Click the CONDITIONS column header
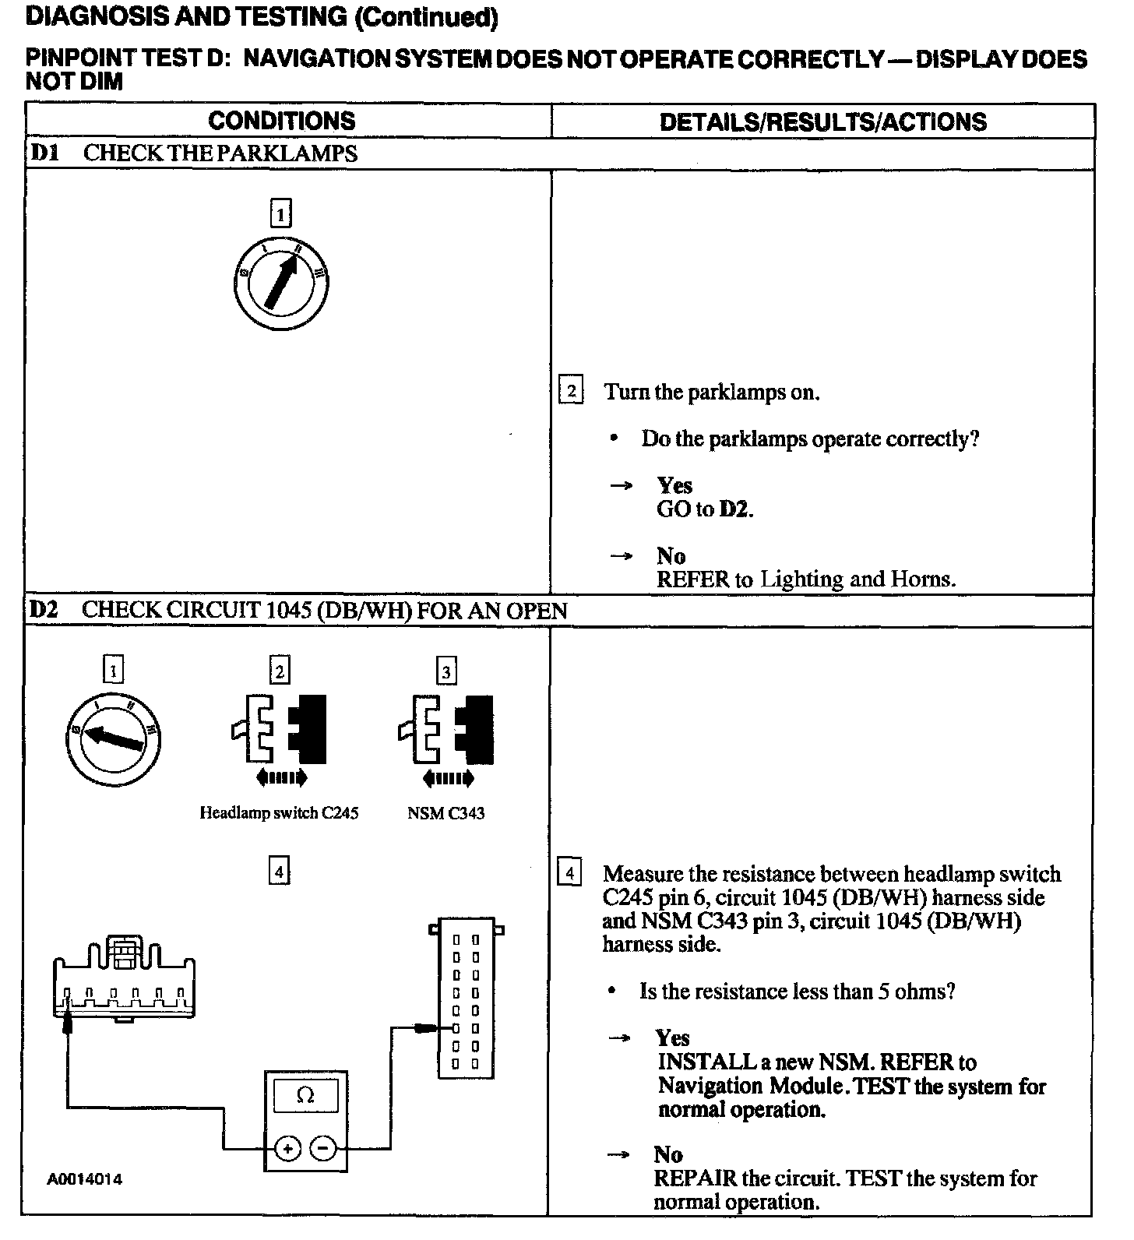tap(281, 121)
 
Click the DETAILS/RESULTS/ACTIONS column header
tap(822, 122)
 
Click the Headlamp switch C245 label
tap(279, 813)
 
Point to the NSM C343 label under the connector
tap(445, 813)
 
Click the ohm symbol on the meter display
tap(305, 1096)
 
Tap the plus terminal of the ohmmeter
tap(287, 1148)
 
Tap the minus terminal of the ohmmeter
tap(324, 1148)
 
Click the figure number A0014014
tap(85, 1179)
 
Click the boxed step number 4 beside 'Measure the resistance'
tap(570, 873)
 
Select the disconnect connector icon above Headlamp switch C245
tap(279, 738)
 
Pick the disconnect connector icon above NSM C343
tap(446, 738)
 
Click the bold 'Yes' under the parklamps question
tap(674, 485)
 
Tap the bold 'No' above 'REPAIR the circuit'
tap(668, 1154)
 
